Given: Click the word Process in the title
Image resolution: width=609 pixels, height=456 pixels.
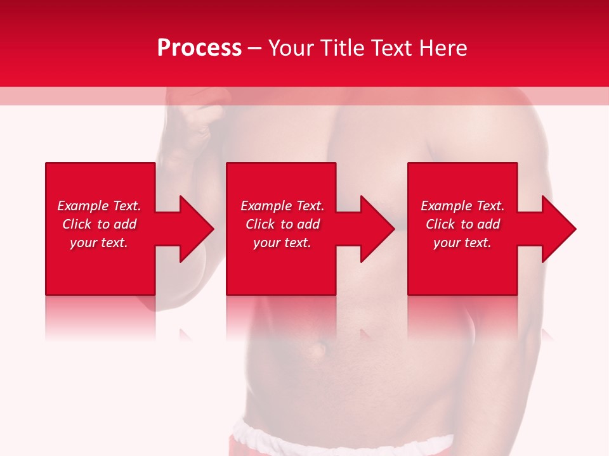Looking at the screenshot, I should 199,48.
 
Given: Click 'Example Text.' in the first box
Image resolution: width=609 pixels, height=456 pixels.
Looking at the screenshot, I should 99,206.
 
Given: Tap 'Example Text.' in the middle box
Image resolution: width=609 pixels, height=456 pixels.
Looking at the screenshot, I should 282,206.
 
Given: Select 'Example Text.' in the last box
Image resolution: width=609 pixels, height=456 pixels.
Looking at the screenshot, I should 462,206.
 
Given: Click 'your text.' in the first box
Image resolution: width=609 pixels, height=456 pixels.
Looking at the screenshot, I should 99,243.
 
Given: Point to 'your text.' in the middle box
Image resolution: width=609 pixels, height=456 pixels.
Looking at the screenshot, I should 282,243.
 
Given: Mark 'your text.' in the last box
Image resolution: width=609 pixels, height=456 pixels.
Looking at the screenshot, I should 462,243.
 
